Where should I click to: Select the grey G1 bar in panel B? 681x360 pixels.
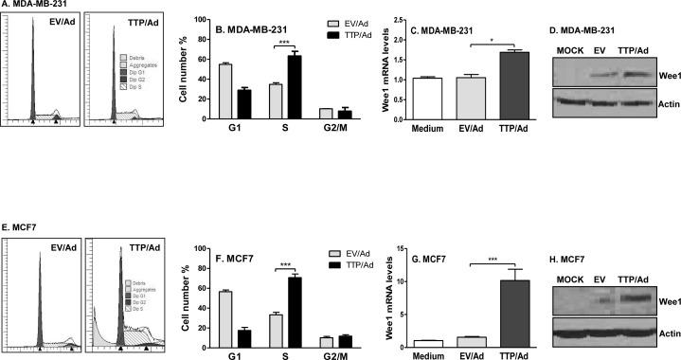[225, 92]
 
